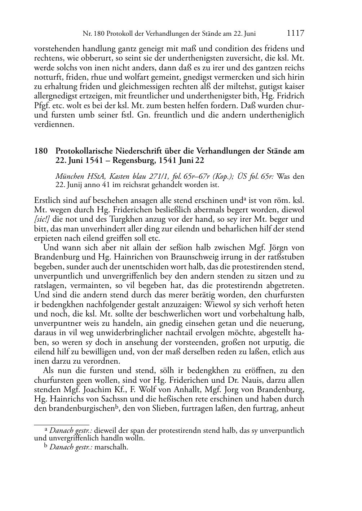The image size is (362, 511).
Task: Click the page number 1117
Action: pyautogui.click(x=296, y=34)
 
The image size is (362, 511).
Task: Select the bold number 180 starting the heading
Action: pyautogui.click(x=41, y=151)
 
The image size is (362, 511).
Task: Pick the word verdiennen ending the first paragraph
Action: pyautogui.click(x=54, y=125)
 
